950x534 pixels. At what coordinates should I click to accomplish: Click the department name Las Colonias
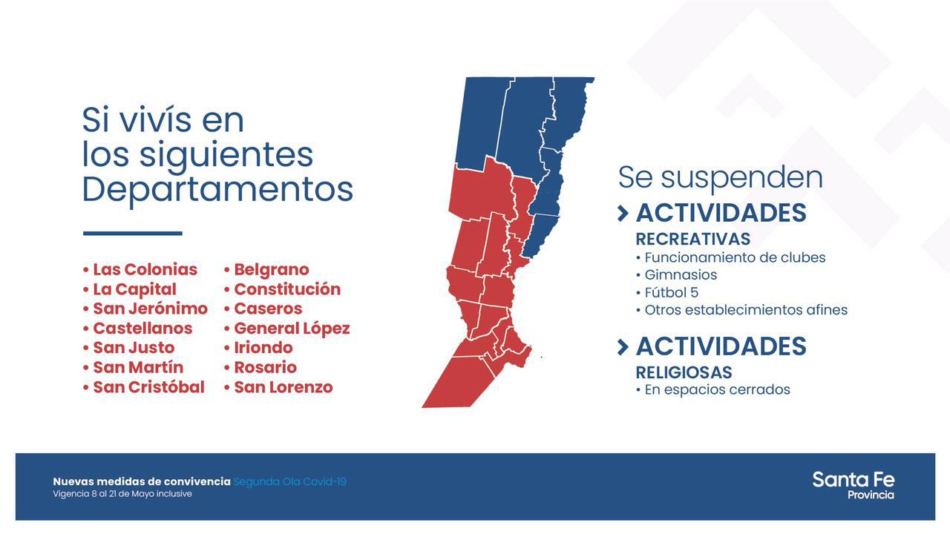(x=145, y=269)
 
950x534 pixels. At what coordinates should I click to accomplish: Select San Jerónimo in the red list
(x=150, y=309)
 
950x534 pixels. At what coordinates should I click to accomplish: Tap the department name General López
(x=292, y=329)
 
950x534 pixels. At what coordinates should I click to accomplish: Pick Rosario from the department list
(x=265, y=367)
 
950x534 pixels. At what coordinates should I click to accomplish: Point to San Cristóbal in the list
(x=149, y=387)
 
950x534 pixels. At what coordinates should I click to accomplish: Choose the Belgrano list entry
(x=272, y=269)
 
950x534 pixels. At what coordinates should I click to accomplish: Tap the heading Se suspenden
(x=720, y=178)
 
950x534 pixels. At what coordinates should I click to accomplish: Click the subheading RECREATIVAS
(x=693, y=239)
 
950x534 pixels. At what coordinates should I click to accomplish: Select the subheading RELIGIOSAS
(x=684, y=372)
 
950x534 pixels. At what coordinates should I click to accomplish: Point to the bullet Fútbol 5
(x=671, y=292)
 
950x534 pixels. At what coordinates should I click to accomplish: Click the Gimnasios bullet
(x=681, y=274)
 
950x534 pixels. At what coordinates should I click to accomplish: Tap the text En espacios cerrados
(x=717, y=389)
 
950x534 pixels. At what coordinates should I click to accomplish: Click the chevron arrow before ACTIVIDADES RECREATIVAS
(x=623, y=214)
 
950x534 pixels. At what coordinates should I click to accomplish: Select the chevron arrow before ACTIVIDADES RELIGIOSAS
(x=623, y=347)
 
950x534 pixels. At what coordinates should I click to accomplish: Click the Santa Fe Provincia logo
(x=854, y=486)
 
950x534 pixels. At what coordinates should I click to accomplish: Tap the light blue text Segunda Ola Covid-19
(x=290, y=482)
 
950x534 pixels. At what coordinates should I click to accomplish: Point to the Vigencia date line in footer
(x=122, y=494)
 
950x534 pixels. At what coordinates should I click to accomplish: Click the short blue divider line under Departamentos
(x=133, y=233)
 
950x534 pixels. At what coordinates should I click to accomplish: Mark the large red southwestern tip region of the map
(x=458, y=383)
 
